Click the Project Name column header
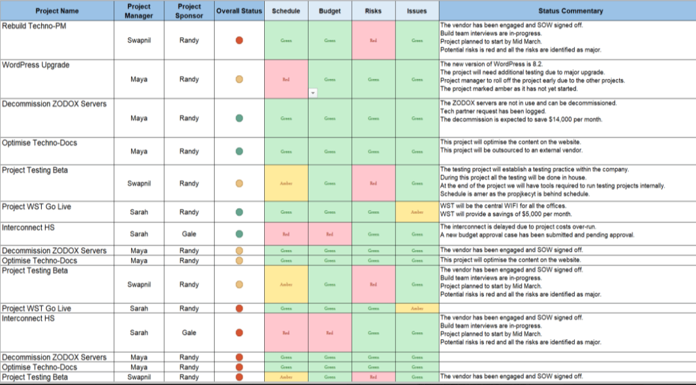coord(57,10)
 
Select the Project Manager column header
coord(138,10)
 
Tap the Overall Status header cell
coord(239,10)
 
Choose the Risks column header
coord(373,10)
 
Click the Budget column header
coord(329,10)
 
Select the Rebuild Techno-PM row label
coord(34,26)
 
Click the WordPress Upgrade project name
coord(36,65)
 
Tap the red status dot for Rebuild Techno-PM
coord(239,40)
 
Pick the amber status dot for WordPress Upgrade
coord(239,80)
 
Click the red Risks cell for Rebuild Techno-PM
coord(373,40)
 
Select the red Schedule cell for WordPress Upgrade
coord(286,80)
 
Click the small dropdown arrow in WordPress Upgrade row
coord(312,93)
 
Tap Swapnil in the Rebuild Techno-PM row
coord(138,40)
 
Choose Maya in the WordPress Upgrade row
coord(138,80)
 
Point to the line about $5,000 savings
coord(506,214)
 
